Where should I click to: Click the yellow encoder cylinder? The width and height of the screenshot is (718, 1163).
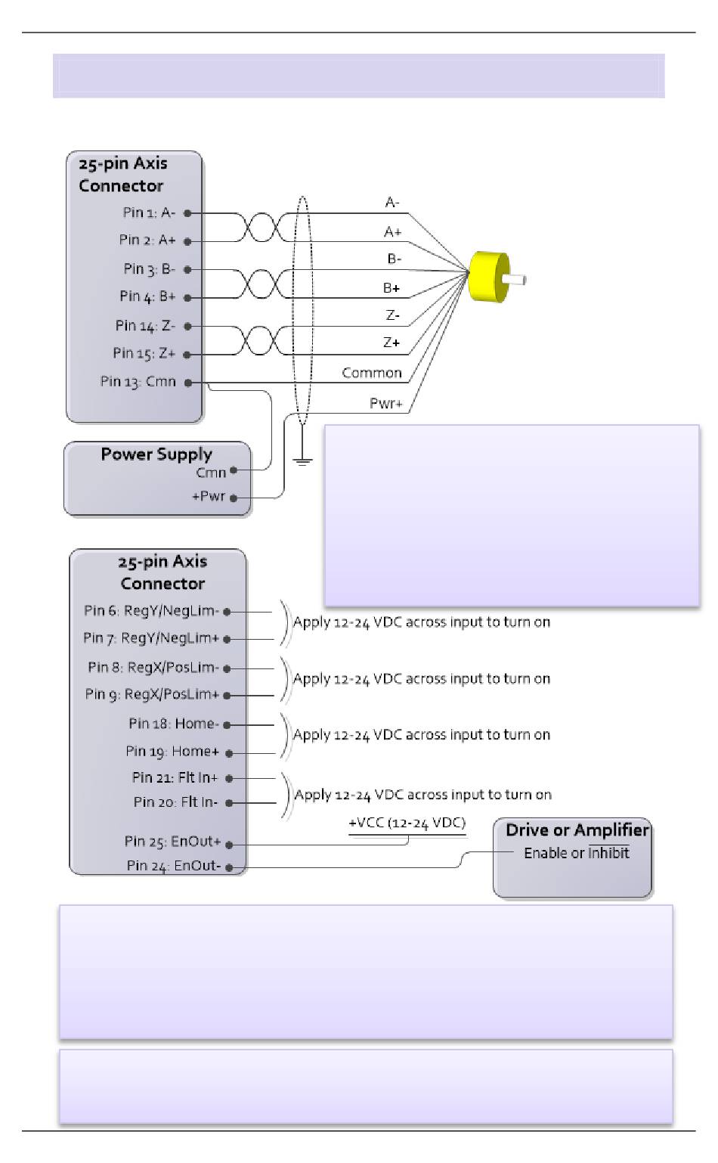click(487, 277)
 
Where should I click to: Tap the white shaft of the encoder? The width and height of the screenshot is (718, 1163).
click(515, 280)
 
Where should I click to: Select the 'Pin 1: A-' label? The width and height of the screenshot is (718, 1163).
click(149, 212)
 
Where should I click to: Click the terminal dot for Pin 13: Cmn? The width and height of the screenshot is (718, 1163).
click(187, 383)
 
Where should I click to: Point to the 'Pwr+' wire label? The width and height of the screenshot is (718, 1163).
click(385, 403)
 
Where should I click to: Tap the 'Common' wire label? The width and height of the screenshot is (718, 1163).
click(371, 373)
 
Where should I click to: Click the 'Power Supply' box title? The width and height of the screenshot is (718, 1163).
click(156, 454)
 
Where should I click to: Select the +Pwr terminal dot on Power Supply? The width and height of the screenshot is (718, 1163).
click(234, 498)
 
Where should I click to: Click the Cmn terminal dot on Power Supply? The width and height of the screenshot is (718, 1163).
click(234, 470)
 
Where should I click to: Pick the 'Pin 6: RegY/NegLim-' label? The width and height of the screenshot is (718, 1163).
click(151, 610)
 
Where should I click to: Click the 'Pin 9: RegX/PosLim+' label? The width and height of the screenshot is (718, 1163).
click(152, 694)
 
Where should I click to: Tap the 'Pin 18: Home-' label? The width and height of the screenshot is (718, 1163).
click(174, 724)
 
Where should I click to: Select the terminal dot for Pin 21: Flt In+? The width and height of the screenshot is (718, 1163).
click(229, 778)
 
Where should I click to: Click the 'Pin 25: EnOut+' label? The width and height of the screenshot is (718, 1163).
click(173, 841)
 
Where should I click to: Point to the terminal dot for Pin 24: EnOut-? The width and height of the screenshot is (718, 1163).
click(229, 867)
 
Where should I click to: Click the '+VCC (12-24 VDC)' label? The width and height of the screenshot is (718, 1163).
click(407, 823)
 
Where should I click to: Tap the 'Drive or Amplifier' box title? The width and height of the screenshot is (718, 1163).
click(577, 830)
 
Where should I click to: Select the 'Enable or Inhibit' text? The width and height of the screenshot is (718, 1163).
click(577, 853)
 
